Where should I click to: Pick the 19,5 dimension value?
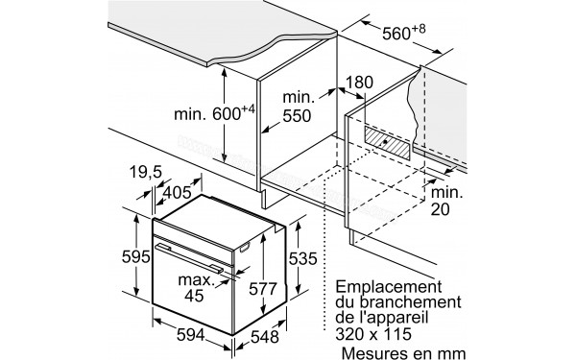(144, 173)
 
